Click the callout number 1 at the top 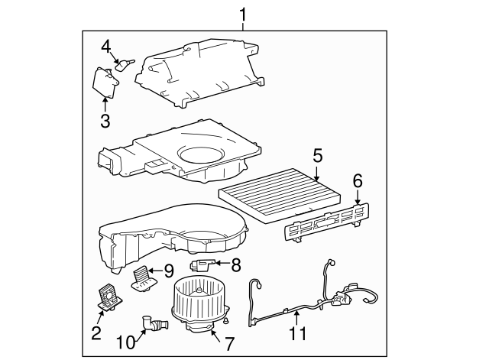(243, 14)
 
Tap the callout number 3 (105, 120)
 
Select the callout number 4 (106, 47)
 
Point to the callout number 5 (317, 156)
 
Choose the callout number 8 (235, 264)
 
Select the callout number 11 (297, 333)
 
